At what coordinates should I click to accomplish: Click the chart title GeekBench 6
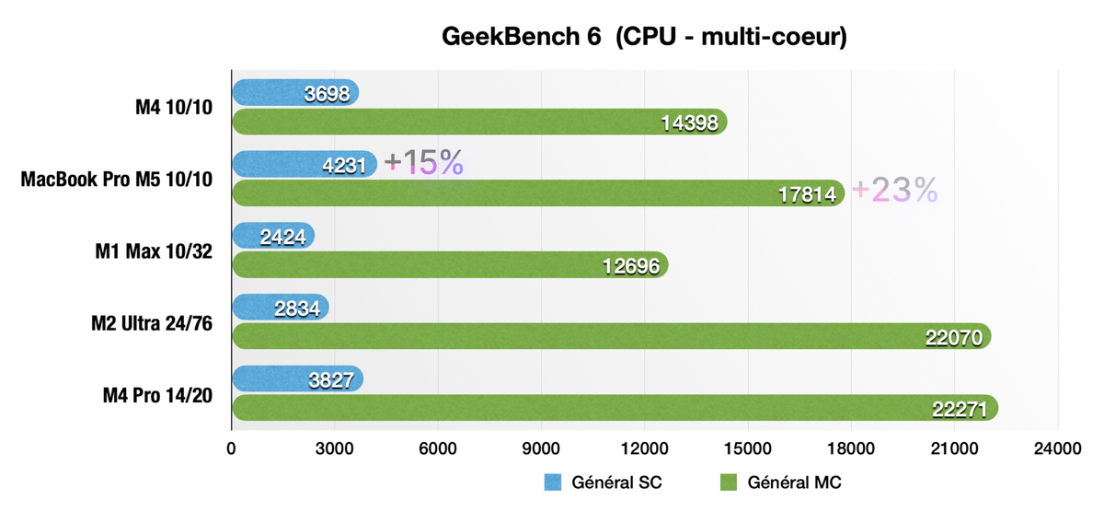point(644,37)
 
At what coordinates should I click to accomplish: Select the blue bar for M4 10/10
point(294,92)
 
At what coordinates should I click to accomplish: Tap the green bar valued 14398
point(478,122)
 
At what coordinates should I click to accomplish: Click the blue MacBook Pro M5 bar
point(304,164)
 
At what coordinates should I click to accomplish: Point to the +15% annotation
point(423,163)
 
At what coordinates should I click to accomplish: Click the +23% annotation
point(894,190)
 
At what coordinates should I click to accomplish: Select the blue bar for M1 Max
point(273,236)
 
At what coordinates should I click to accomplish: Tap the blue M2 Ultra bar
point(280,308)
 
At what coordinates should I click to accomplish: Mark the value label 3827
point(329,379)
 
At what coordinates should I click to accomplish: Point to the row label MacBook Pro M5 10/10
point(117,179)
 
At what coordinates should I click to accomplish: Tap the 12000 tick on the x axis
point(644,448)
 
